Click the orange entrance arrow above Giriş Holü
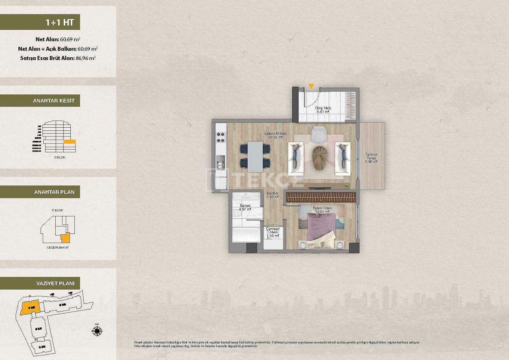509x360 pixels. coord(311,86)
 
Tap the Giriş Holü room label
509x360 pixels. coord(322,110)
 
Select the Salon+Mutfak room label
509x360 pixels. coord(275,135)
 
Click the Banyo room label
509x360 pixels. coord(245,207)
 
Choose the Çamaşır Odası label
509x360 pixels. coord(273,232)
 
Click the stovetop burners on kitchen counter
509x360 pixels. coord(221,137)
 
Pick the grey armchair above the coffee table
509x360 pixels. coord(319,134)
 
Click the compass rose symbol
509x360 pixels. coord(97,331)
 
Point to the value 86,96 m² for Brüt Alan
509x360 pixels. coord(85,58)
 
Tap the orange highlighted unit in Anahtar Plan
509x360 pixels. coord(65,238)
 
